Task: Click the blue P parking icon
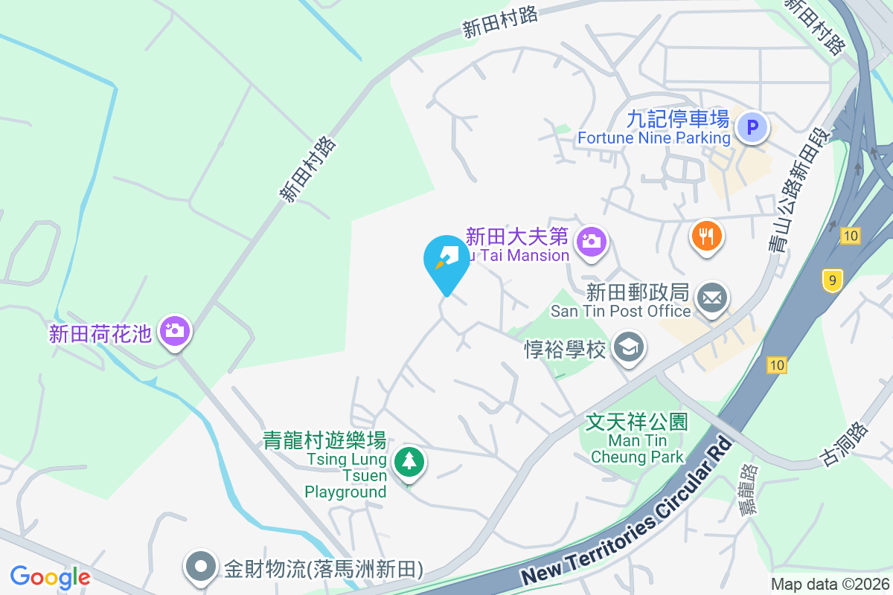click(x=752, y=128)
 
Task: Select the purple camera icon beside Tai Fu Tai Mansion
click(x=592, y=241)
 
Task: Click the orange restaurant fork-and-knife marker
click(x=707, y=236)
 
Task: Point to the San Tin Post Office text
click(x=621, y=311)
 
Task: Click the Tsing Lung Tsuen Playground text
click(x=346, y=475)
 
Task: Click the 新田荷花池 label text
click(x=100, y=334)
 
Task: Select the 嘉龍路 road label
click(x=746, y=489)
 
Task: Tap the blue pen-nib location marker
click(x=446, y=260)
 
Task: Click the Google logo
click(x=50, y=576)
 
